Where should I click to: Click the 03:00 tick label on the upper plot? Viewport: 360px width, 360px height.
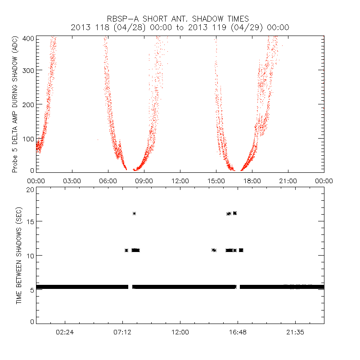pos(72,181)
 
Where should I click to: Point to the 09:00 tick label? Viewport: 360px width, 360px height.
pos(144,181)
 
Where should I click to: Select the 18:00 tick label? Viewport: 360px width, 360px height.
pos(252,181)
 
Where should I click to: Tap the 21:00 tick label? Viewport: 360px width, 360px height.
pos(288,181)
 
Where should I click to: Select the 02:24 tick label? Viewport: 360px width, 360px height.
pos(65,332)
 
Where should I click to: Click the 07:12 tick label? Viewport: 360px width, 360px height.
pos(122,332)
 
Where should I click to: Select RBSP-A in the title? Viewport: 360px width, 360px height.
pos(122,19)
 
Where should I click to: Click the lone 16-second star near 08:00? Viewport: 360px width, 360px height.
pos(134,213)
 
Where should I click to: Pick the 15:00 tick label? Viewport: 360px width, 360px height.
pos(216,181)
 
